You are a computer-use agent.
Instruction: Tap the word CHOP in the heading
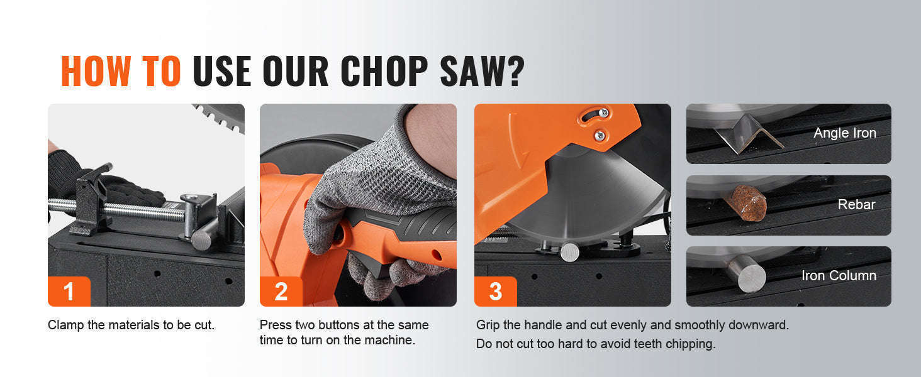(384, 71)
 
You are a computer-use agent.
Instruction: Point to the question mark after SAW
(514, 71)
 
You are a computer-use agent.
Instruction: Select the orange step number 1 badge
(69, 291)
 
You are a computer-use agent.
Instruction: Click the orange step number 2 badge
(281, 291)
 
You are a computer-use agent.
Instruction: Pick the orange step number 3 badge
(496, 291)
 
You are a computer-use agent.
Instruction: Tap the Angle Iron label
(845, 133)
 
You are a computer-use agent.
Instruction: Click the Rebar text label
(856, 204)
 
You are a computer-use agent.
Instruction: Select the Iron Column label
(839, 275)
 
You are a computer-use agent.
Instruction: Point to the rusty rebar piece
(746, 203)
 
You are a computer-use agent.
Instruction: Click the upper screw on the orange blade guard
(603, 112)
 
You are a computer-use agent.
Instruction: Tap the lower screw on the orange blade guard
(600, 134)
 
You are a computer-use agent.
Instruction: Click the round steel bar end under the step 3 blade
(570, 252)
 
